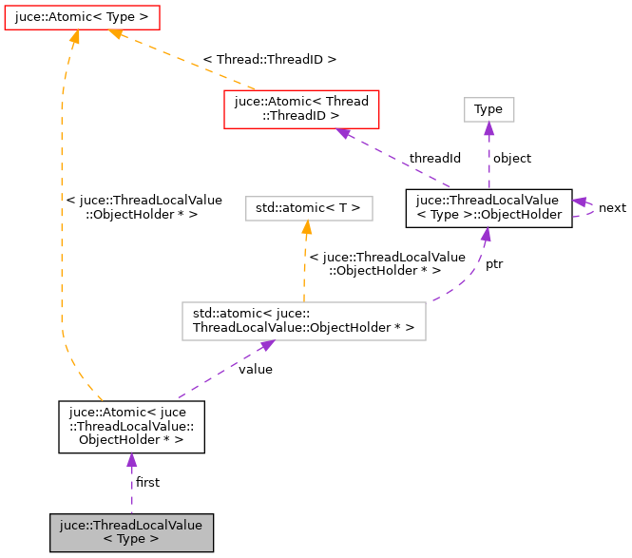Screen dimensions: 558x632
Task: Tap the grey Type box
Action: click(x=488, y=108)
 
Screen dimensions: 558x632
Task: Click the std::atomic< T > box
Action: click(x=309, y=206)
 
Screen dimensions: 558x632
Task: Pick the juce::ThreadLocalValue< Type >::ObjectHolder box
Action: click(x=488, y=207)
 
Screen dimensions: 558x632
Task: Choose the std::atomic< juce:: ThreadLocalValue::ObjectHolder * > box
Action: click(x=303, y=320)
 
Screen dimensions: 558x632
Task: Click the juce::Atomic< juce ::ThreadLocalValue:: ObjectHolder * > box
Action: click(x=131, y=426)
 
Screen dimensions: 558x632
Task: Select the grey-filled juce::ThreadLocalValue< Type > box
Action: click(x=131, y=532)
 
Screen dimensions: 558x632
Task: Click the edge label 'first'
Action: click(x=147, y=482)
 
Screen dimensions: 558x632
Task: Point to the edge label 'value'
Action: click(x=256, y=369)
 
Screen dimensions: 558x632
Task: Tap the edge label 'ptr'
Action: click(x=494, y=264)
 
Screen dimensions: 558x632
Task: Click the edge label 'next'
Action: click(x=612, y=207)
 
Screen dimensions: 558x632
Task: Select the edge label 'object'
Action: click(x=513, y=158)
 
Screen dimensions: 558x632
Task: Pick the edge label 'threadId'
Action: click(x=434, y=157)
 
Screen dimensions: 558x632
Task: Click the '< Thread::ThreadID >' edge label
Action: click(x=270, y=59)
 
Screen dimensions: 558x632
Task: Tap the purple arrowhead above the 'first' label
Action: click(x=131, y=461)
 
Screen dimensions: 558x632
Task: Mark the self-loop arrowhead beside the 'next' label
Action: click(x=579, y=202)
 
